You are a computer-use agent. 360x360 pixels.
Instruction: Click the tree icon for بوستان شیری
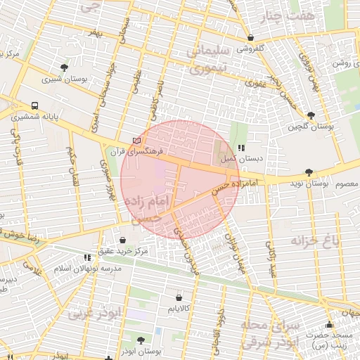coord(65,68)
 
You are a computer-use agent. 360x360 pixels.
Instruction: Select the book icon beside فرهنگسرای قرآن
coord(136,141)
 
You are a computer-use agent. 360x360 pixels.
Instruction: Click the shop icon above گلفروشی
coord(251,38)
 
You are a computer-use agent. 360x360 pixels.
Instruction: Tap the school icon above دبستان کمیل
coord(241,148)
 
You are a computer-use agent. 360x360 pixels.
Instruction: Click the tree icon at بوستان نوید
coord(309,172)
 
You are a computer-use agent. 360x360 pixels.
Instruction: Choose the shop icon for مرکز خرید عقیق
coord(123,240)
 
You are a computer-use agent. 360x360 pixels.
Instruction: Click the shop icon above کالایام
coord(178,297)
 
